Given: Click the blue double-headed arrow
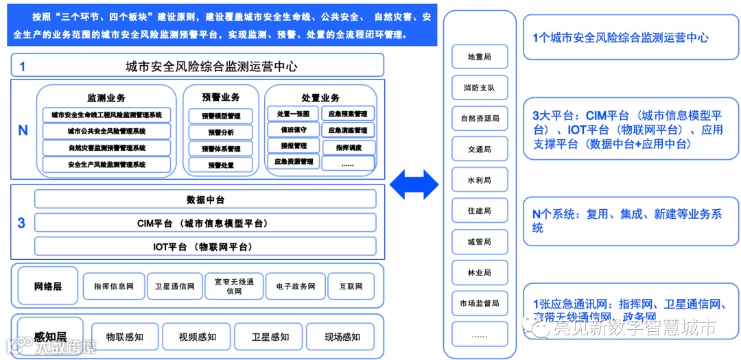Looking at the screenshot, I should (x=414, y=184).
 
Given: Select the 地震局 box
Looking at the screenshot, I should (x=479, y=57).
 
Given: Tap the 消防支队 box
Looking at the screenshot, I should (x=479, y=88).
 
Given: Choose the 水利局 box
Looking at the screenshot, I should (x=479, y=180).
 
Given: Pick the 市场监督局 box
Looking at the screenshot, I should (x=479, y=302).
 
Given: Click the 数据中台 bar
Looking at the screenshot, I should (x=205, y=200).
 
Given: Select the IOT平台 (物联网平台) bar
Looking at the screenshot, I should (x=205, y=246).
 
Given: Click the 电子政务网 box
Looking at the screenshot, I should (x=295, y=286).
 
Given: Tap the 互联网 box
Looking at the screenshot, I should (x=350, y=286).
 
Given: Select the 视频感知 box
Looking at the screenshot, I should (x=197, y=337).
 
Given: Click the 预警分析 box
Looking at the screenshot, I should (x=220, y=132).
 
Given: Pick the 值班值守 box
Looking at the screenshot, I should (x=293, y=130).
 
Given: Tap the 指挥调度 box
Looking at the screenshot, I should (x=348, y=147).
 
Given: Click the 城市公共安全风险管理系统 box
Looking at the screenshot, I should (x=106, y=131).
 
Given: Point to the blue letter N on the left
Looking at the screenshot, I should (x=23, y=130).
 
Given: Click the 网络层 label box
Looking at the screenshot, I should (x=48, y=286).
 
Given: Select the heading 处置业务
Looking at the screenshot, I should (x=320, y=98).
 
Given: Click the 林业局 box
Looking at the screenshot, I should (x=479, y=272).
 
